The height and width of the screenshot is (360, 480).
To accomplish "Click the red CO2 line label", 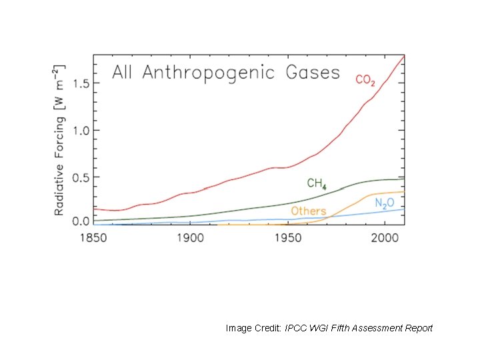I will [x=365, y=81].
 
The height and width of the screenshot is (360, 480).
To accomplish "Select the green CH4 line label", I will [x=316, y=183].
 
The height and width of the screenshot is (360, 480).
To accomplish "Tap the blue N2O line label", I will [x=384, y=203].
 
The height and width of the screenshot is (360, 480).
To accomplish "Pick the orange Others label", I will [x=308, y=211].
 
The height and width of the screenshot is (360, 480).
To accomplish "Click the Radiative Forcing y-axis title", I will [x=59, y=140].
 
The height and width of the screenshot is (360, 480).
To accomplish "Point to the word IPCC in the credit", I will [x=296, y=328].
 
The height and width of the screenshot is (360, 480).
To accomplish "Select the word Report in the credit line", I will [x=418, y=328].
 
